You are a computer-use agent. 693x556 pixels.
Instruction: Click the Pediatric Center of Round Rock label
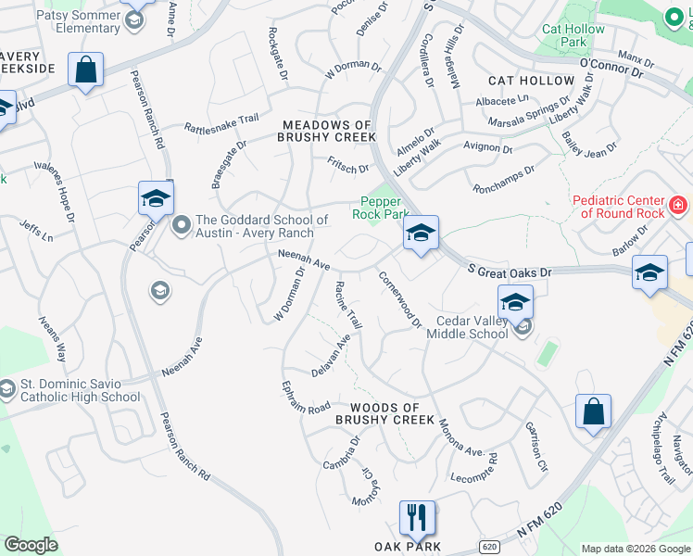tap(618, 208)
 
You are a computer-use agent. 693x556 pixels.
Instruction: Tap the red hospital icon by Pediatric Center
tap(678, 204)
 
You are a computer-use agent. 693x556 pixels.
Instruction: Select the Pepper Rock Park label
tap(376, 208)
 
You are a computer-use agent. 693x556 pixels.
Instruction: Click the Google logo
tap(31, 545)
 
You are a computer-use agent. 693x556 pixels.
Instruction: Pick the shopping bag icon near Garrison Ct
tap(592, 411)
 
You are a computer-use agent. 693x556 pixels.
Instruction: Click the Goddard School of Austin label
tap(261, 226)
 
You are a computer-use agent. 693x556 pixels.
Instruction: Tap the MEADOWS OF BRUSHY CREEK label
tap(328, 131)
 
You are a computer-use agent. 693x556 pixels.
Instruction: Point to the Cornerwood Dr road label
tap(400, 297)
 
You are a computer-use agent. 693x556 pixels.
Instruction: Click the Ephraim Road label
tap(306, 396)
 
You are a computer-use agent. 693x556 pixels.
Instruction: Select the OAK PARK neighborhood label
tap(408, 546)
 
